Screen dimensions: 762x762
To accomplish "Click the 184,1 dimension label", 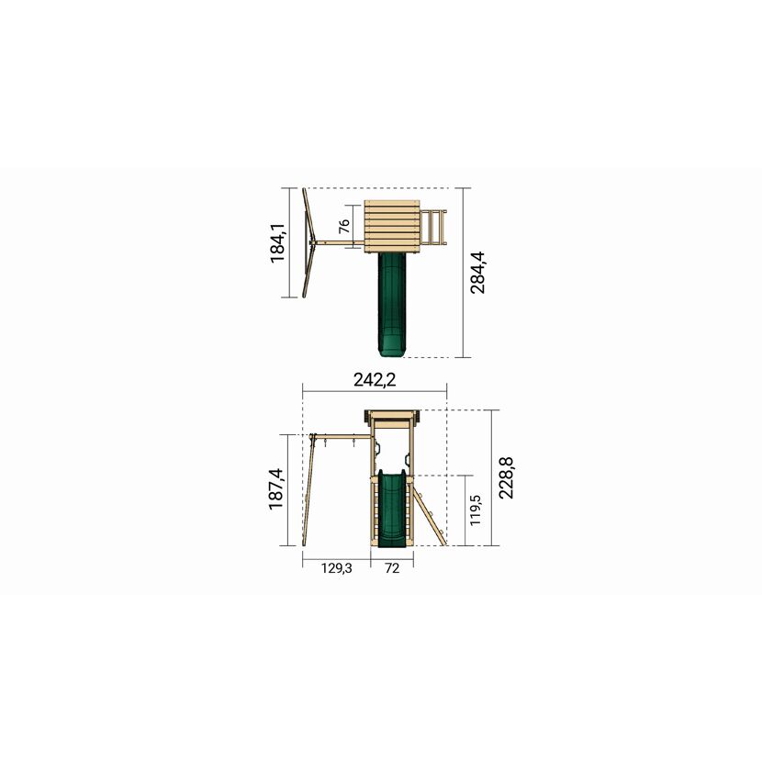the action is coord(277,243).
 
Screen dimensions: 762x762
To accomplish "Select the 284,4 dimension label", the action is coord(477,272).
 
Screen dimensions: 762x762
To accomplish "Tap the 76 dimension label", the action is coord(344,226).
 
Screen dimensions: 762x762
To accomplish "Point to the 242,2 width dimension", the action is coord(375,379).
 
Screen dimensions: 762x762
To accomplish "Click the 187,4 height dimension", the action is coord(276,489).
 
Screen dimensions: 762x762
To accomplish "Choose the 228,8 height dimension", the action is coord(506,477).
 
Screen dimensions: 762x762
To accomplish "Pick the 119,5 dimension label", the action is coord(476,510).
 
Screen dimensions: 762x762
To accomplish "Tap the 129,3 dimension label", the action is coord(336,567).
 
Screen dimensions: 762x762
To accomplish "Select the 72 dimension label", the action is coord(392,567).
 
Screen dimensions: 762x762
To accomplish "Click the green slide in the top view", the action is coord(391,306).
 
